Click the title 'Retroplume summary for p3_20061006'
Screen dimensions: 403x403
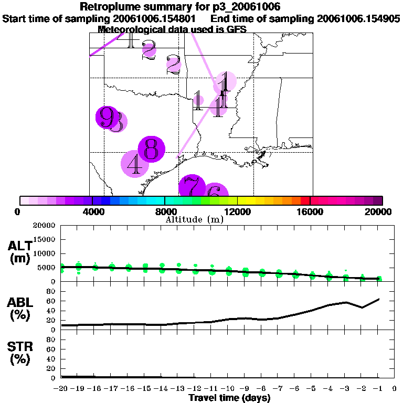point(180,7)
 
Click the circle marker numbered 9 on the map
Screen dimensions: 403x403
point(107,116)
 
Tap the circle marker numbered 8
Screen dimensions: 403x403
point(151,149)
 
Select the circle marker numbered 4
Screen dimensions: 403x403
point(135,164)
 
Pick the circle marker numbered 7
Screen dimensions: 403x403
point(193,187)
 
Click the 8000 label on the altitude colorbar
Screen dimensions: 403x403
point(165,211)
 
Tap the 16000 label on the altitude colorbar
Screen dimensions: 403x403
point(310,211)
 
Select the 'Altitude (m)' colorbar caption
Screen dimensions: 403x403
point(195,219)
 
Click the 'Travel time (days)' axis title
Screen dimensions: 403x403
point(229,398)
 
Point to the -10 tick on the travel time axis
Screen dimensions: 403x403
point(229,389)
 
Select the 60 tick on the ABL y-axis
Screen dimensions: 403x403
point(51,301)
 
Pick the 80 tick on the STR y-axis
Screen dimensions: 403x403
point(51,340)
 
